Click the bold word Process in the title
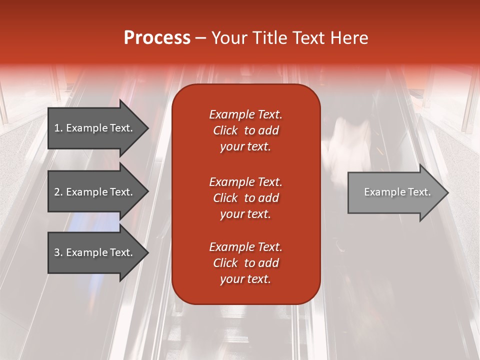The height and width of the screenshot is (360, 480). tap(157, 38)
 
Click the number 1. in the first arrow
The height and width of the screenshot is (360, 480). tap(58, 128)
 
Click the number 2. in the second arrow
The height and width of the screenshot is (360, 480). tap(58, 192)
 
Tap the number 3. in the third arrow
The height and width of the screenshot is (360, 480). tap(58, 252)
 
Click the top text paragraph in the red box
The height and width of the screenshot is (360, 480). tap(245, 130)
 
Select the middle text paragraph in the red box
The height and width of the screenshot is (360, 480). tap(245, 198)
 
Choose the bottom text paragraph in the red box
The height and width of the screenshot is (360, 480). tap(245, 263)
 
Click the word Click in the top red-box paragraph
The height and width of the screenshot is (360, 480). tap(225, 130)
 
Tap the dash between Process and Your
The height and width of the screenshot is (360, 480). tap(200, 38)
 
